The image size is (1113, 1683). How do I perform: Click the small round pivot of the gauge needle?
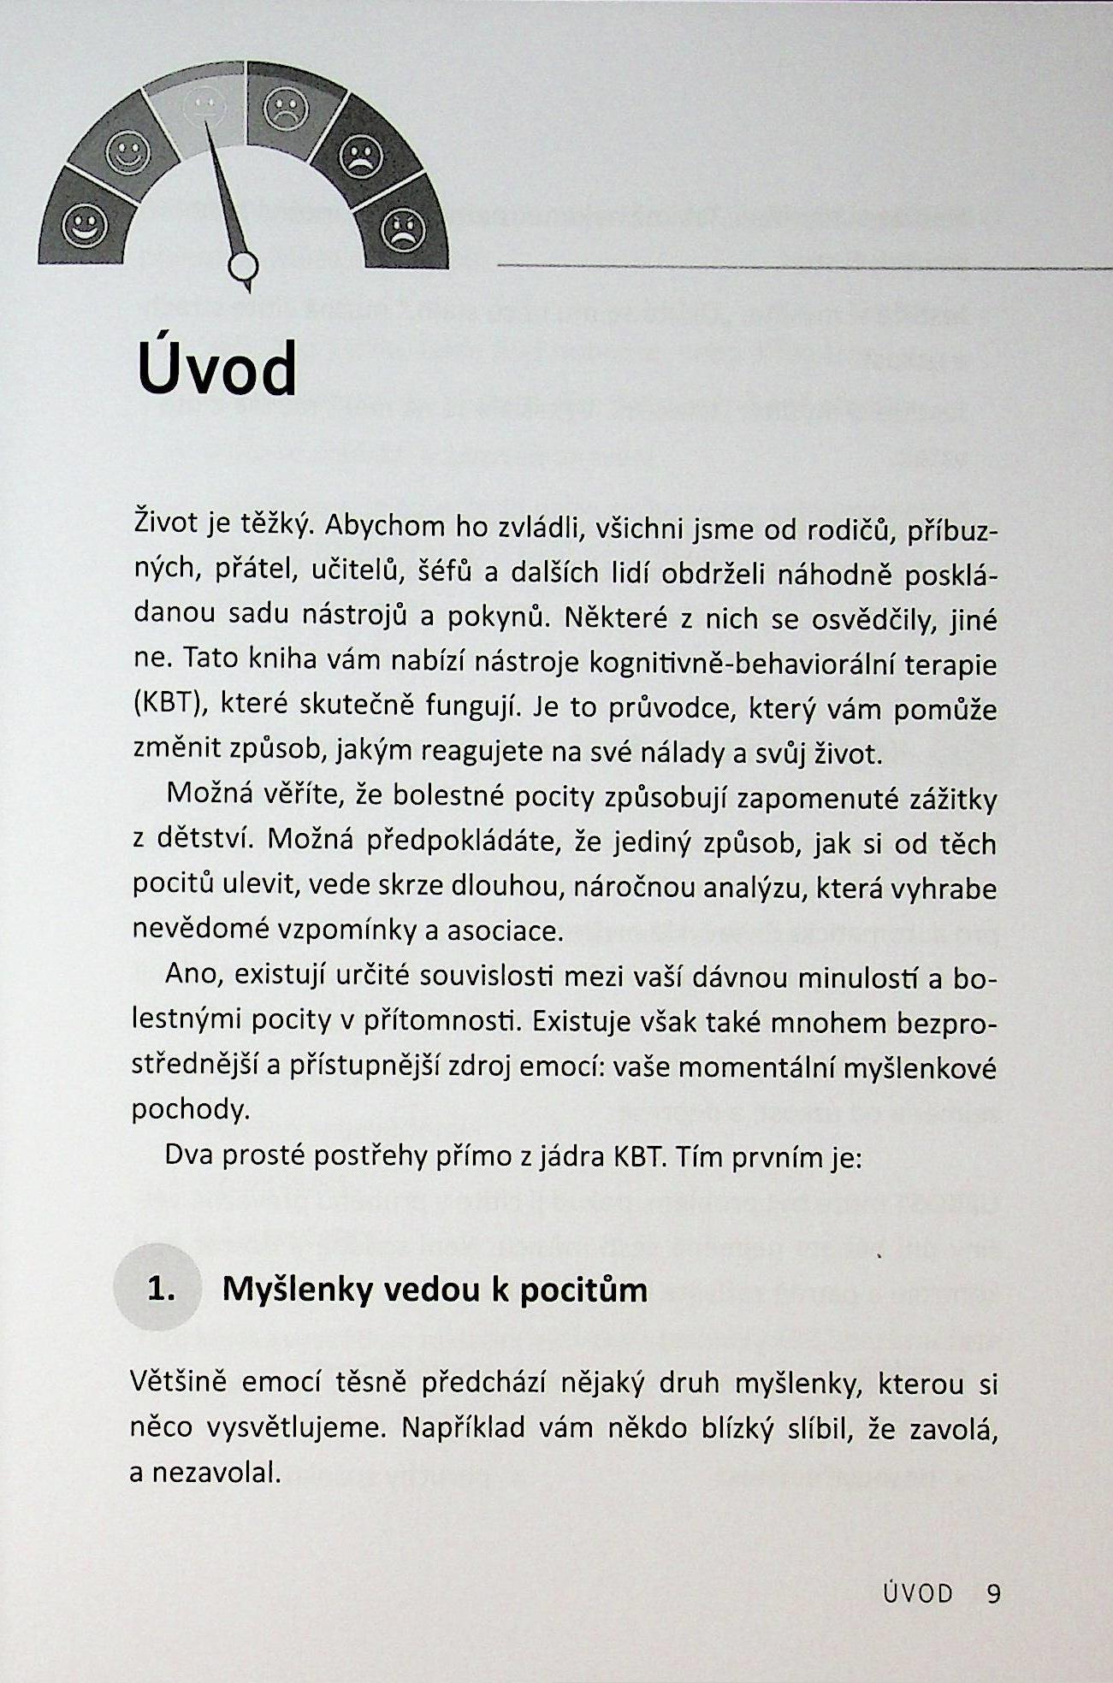242,268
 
